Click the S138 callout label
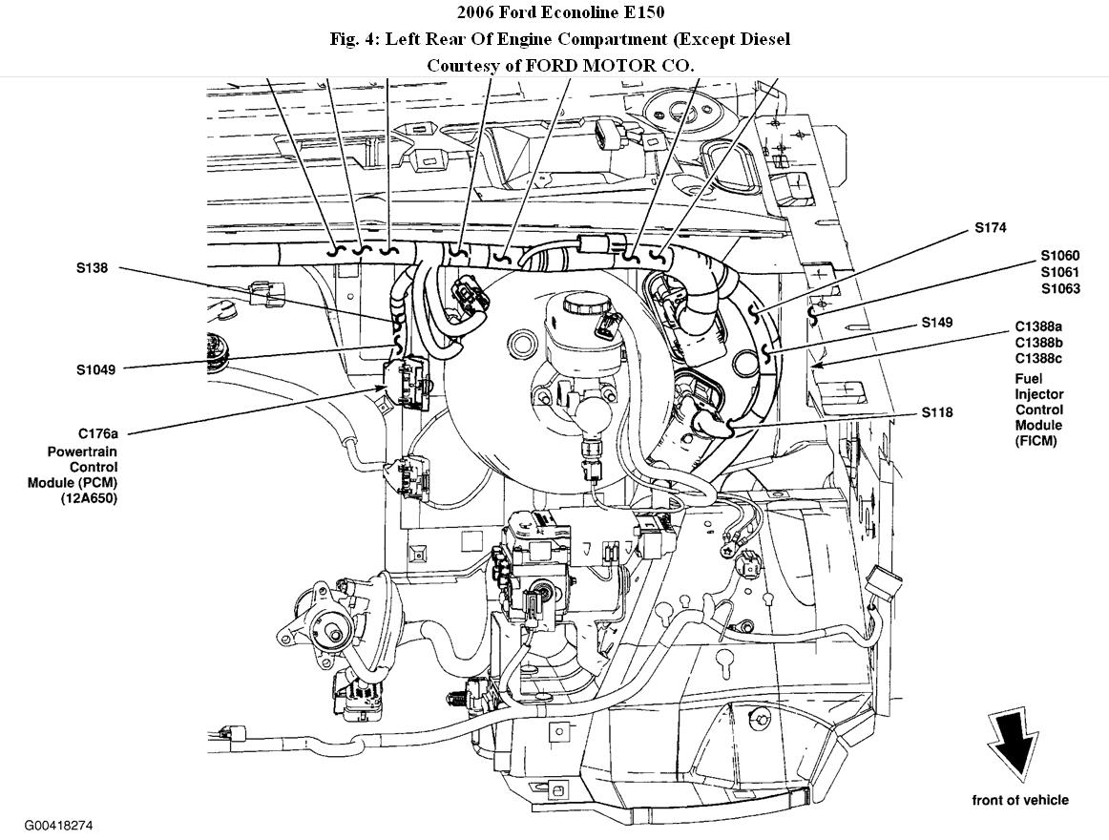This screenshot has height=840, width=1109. tap(92, 268)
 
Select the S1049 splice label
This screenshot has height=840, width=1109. tap(96, 369)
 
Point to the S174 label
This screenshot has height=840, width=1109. tap(990, 228)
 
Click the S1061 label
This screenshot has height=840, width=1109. tap(1060, 272)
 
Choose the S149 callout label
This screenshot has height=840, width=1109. tap(937, 323)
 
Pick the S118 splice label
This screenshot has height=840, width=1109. tap(937, 413)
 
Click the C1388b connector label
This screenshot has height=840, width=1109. tap(1038, 343)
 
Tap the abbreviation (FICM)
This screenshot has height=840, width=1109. tap(1036, 442)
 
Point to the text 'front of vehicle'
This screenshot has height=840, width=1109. tap(1020, 800)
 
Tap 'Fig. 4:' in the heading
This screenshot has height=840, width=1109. tap(354, 39)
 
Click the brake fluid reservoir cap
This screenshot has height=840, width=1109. tap(583, 304)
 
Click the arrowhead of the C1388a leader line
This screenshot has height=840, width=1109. tap(811, 365)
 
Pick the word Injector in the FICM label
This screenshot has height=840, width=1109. tap(1038, 394)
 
